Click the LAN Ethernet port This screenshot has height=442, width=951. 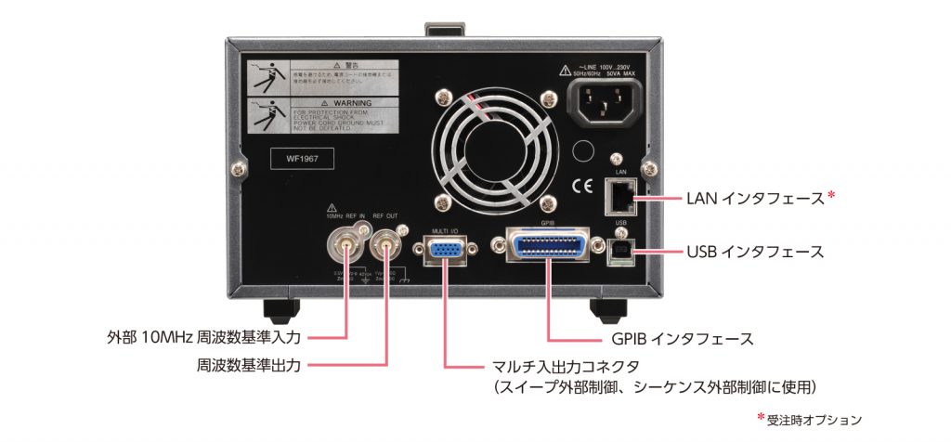(619, 196)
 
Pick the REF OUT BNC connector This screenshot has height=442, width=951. (384, 247)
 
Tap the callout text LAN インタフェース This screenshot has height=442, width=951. (754, 198)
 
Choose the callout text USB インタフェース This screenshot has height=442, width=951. (754, 252)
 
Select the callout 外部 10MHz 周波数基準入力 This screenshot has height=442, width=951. (200, 333)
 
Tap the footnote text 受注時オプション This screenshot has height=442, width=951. (814, 420)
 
